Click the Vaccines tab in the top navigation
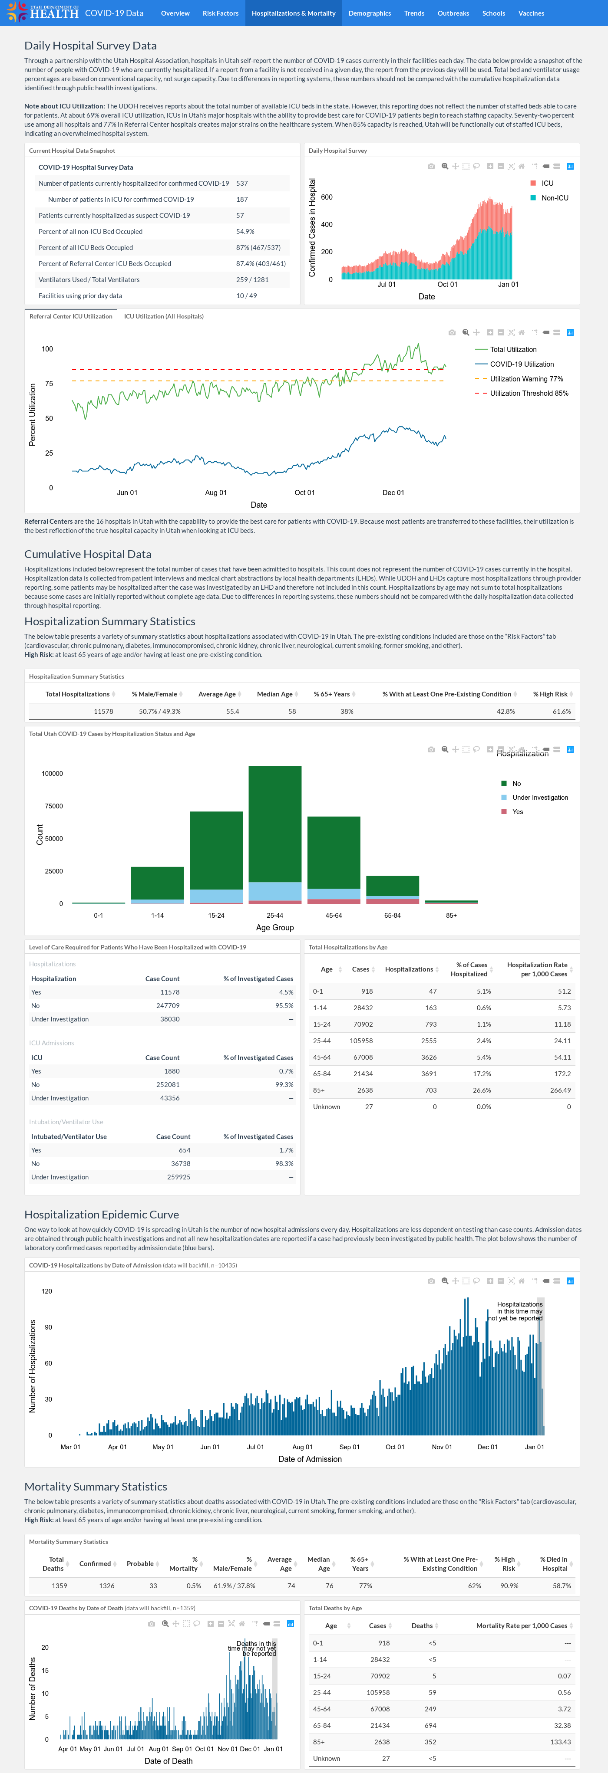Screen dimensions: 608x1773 pyautogui.click(x=531, y=13)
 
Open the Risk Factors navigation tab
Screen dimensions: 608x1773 pyautogui.click(x=220, y=13)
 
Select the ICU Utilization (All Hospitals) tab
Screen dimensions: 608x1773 pyautogui.click(x=164, y=317)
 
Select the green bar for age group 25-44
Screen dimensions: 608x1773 pyautogui.click(x=275, y=824)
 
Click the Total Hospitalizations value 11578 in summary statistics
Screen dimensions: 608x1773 pyautogui.click(x=103, y=712)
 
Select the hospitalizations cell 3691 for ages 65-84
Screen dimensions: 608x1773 pyautogui.click(x=429, y=1074)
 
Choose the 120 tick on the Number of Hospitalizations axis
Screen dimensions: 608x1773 pyautogui.click(x=47, y=1291)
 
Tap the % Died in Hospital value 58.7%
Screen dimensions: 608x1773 pyautogui.click(x=561, y=1586)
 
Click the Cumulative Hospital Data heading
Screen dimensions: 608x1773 pyautogui.click(x=88, y=554)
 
